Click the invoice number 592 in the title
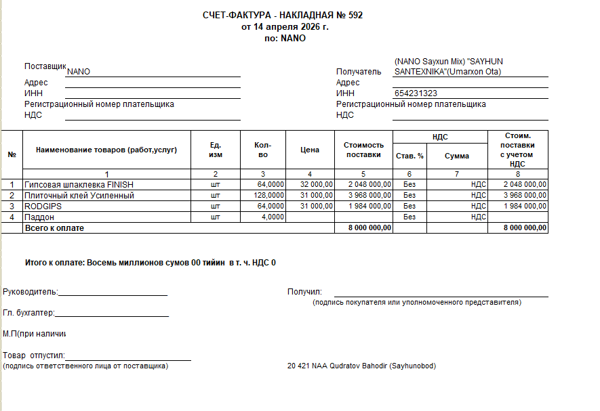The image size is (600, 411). pos(355,15)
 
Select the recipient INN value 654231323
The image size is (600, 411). pos(415,93)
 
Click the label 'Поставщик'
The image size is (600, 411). pos(45,66)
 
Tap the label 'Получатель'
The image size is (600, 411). pos(359,72)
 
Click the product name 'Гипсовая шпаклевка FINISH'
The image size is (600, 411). pos(79,184)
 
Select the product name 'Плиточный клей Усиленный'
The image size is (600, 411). pos(79,195)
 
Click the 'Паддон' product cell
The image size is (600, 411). pos(39,217)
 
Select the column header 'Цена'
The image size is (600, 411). pos(310,150)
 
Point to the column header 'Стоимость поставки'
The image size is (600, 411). pos(364,150)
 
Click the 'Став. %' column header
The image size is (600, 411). pos(409,156)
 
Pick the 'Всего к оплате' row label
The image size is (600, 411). pos(54,228)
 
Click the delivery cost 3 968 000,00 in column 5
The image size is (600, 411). pos(369,195)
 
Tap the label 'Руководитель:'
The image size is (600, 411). pos(31,292)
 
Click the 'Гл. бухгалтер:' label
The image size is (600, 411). pos(28,313)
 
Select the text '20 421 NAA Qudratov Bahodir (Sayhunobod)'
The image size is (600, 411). pos(361,366)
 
